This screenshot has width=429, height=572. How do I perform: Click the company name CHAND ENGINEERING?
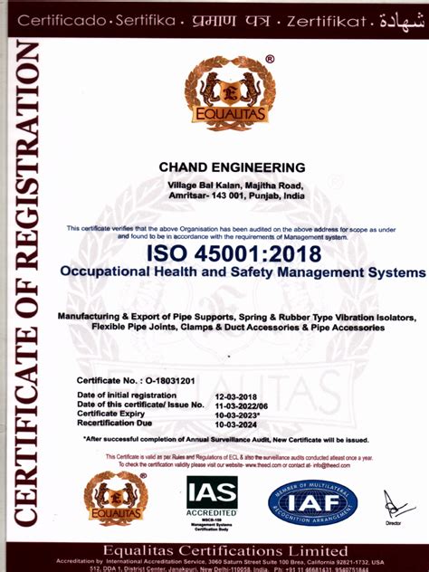[x=233, y=167]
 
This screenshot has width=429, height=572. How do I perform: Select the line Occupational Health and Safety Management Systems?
[x=241, y=272]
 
